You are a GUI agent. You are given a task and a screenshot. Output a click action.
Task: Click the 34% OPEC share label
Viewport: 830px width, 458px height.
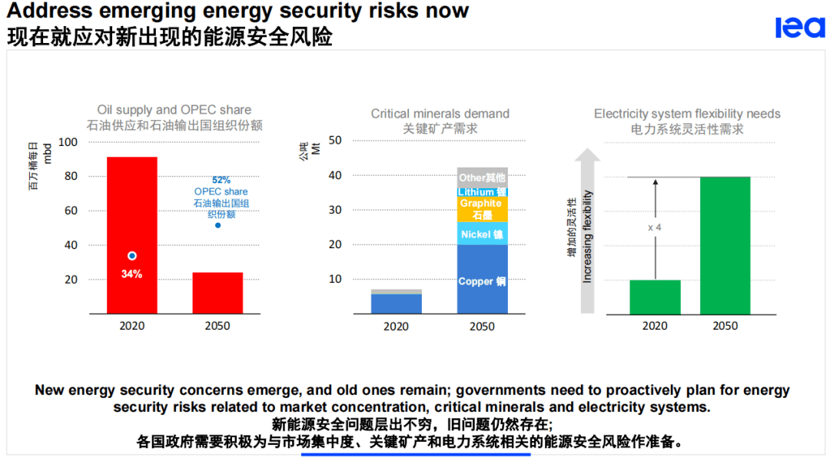[131, 274]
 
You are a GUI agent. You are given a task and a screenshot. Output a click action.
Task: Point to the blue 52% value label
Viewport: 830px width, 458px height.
[221, 180]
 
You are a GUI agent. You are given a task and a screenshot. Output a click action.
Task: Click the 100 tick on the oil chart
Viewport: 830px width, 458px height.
[68, 142]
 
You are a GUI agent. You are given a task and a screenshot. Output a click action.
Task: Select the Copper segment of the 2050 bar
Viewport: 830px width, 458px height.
[482, 281]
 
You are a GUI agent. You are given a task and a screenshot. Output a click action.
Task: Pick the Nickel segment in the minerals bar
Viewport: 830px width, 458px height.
[482, 234]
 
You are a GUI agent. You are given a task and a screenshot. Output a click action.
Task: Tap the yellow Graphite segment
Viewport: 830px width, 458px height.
[482, 209]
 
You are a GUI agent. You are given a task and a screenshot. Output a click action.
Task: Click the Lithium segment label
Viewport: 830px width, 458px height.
[482, 191]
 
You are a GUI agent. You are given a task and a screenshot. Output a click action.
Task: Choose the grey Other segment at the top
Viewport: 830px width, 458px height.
[482, 177]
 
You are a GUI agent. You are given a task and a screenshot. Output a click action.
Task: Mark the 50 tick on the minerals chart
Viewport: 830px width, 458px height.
[335, 141]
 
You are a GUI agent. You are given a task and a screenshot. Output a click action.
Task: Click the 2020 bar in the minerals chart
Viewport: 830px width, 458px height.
[397, 302]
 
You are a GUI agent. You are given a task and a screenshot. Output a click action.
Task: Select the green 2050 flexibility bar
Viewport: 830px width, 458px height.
[725, 245]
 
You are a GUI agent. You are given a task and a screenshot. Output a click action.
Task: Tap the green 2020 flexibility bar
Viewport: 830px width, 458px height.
[655, 297]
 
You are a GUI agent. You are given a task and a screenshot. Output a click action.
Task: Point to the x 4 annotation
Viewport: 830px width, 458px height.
[655, 228]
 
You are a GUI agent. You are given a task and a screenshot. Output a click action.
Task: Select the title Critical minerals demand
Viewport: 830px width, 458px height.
[440, 114]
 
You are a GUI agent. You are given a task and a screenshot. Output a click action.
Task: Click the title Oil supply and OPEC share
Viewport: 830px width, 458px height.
[174, 110]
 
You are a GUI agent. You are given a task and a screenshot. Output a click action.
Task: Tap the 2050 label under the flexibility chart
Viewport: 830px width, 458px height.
[725, 326]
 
